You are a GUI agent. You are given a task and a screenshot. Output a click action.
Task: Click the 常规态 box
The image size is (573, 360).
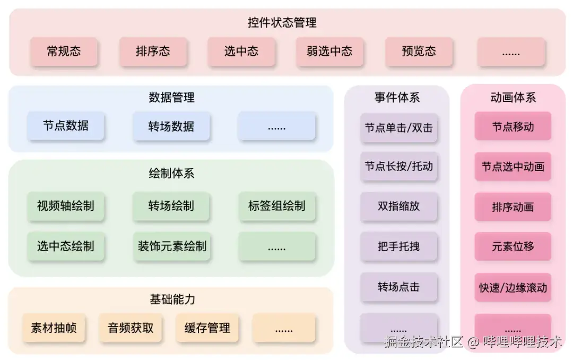click(64, 52)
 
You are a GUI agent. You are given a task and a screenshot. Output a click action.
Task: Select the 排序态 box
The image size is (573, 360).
click(153, 52)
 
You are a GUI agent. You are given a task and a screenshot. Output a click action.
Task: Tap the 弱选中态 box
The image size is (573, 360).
click(329, 52)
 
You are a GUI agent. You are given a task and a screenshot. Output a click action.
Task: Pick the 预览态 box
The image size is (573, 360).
click(419, 52)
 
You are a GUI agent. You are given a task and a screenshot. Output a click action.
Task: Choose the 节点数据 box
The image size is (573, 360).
click(66, 126)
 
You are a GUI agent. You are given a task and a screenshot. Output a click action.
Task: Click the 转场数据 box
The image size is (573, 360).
click(171, 126)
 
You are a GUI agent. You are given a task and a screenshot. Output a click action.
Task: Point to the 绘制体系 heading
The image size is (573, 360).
click(171, 174)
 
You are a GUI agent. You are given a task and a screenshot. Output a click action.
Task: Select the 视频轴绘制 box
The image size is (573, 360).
click(66, 206)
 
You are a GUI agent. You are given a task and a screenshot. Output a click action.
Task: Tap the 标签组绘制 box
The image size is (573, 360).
click(276, 206)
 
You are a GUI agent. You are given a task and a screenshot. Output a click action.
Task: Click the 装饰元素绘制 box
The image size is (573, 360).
click(171, 246)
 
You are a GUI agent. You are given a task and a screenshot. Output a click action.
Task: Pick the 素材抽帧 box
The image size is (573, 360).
click(54, 328)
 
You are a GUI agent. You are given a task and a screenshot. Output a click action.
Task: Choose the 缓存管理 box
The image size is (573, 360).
click(207, 328)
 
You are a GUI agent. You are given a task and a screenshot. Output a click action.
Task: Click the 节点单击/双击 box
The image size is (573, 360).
click(398, 127)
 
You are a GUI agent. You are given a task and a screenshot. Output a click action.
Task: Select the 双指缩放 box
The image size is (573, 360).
click(398, 207)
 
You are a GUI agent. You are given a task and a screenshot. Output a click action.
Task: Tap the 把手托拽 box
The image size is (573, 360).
click(398, 246)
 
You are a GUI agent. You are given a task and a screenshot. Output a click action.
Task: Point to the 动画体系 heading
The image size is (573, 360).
click(513, 98)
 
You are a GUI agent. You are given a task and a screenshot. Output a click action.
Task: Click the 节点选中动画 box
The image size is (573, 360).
click(513, 166)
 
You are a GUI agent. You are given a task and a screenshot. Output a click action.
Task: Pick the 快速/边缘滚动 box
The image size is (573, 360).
click(513, 288)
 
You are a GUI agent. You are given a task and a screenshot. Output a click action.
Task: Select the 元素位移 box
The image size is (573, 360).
click(513, 246)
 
